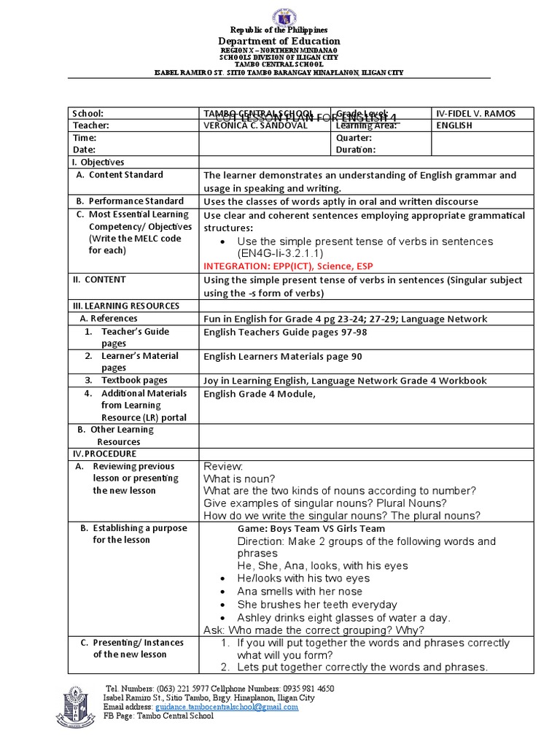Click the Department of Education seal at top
click(x=280, y=17)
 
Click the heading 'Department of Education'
click(x=280, y=42)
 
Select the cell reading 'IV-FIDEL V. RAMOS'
click(x=475, y=113)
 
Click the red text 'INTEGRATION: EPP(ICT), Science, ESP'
click(x=288, y=266)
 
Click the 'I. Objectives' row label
click(x=98, y=162)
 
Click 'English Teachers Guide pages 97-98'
click(x=285, y=332)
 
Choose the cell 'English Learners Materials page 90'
click(x=282, y=357)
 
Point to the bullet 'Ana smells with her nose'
click(x=300, y=592)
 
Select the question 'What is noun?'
click(x=239, y=479)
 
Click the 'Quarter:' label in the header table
click(x=354, y=138)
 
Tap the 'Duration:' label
click(x=356, y=150)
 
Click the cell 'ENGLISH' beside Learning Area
click(x=454, y=125)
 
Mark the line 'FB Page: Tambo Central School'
click(x=159, y=716)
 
